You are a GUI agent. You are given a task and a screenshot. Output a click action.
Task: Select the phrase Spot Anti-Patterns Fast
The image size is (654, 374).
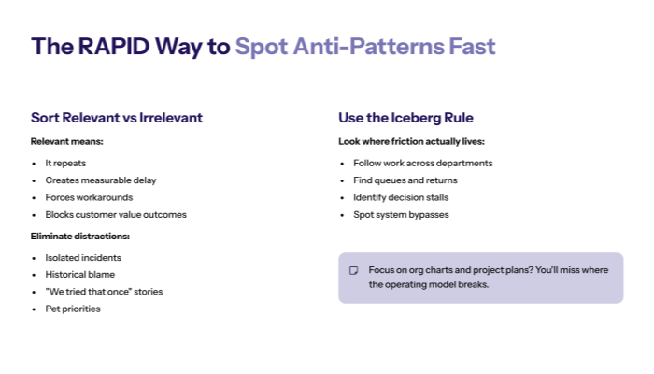point(364,47)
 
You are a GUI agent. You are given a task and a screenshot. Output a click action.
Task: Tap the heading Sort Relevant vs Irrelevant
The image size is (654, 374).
point(117,118)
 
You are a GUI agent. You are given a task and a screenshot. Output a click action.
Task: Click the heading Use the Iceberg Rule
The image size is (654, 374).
point(405,118)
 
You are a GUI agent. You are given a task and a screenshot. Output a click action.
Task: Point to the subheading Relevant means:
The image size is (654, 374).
point(66,141)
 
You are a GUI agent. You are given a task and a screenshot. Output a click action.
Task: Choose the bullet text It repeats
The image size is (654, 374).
point(66,163)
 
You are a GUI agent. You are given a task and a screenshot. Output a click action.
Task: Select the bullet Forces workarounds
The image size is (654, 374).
point(89,197)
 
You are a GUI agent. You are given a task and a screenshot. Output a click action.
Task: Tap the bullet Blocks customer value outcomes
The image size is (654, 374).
point(116,214)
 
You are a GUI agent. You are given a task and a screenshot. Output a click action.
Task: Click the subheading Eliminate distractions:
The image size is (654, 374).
point(79,236)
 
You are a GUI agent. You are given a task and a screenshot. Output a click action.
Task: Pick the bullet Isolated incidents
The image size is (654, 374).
point(83,257)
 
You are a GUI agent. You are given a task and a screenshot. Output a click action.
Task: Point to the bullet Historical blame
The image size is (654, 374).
point(80,274)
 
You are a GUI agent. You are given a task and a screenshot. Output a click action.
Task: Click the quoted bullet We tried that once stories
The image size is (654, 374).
point(104,292)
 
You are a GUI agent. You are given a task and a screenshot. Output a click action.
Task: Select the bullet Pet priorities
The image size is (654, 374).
point(73,309)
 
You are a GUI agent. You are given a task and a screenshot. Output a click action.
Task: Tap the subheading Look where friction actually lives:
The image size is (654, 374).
point(411,141)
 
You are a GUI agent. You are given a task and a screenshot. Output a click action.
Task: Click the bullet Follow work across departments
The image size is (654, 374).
point(422,163)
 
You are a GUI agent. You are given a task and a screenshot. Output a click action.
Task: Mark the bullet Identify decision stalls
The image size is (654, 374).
point(401,197)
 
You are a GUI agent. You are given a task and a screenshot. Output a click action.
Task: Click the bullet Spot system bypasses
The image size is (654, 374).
point(401,214)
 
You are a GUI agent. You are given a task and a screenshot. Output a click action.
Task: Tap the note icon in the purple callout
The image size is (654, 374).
point(354,270)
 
